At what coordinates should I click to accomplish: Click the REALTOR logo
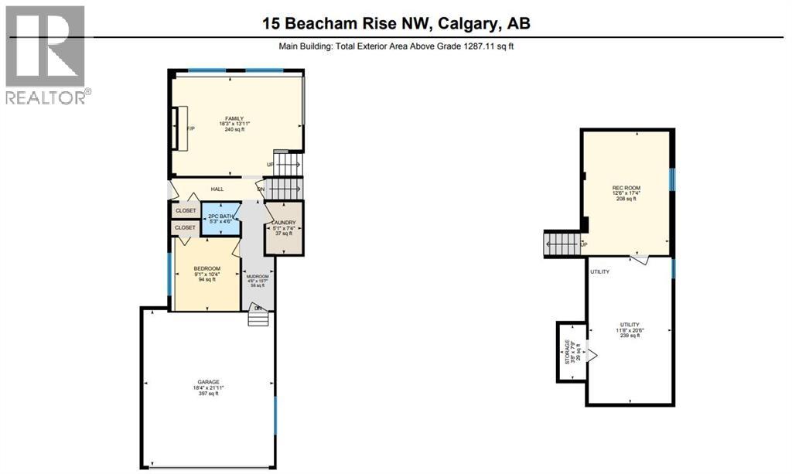pyautogui.click(x=46, y=54)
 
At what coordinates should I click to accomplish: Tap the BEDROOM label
pyautogui.click(x=207, y=268)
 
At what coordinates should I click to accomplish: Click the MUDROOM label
pyautogui.click(x=258, y=277)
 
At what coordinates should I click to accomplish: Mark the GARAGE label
pyautogui.click(x=207, y=380)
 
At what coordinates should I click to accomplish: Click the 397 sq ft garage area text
pyautogui.click(x=207, y=394)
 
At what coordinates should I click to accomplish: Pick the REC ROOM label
pyautogui.click(x=626, y=188)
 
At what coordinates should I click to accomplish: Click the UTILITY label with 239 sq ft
pyautogui.click(x=628, y=325)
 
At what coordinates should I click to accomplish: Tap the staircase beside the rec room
pyautogui.click(x=562, y=245)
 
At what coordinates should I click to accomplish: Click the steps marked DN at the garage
pyautogui.click(x=258, y=317)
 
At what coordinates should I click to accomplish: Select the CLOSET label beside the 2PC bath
pyautogui.click(x=186, y=210)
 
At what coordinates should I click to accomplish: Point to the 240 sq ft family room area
pyautogui.click(x=234, y=130)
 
